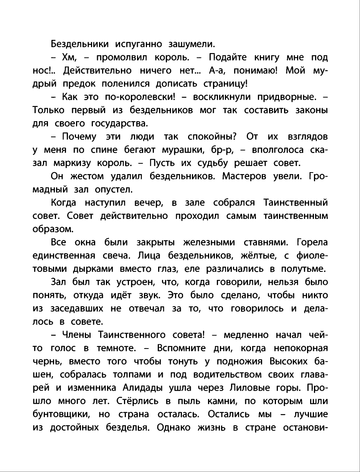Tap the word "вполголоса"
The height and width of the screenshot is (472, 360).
click(274, 150)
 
